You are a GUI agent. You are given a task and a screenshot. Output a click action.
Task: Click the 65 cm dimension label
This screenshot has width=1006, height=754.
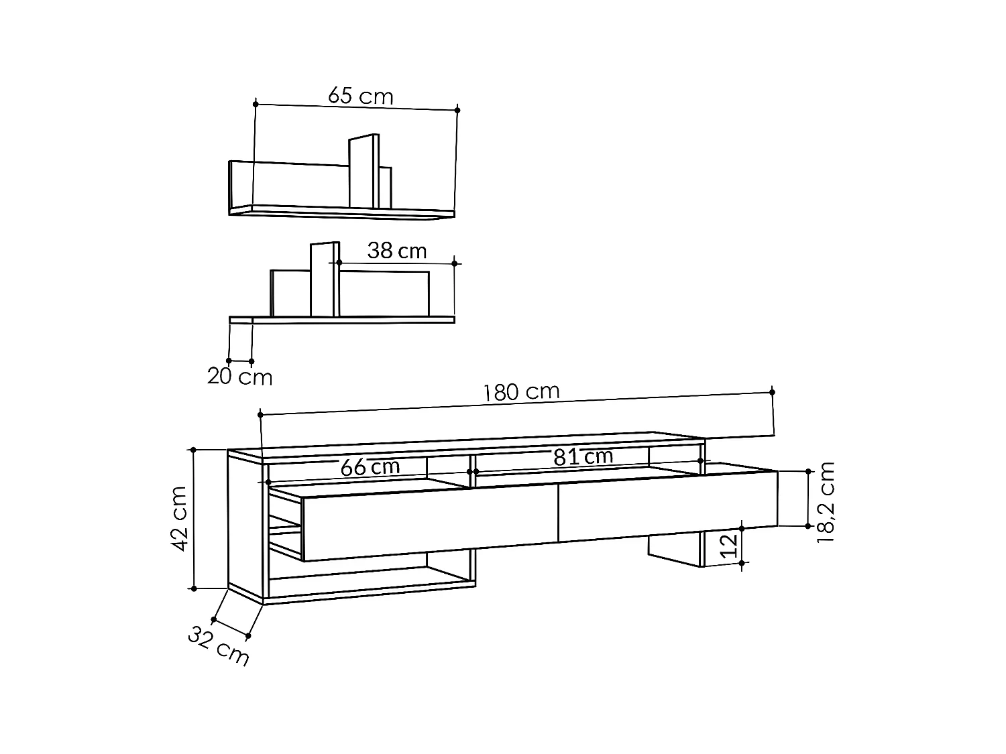click(x=360, y=97)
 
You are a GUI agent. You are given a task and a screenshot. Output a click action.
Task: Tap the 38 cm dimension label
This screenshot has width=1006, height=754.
click(x=396, y=251)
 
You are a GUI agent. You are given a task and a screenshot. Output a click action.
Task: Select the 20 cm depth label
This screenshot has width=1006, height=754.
click(x=239, y=377)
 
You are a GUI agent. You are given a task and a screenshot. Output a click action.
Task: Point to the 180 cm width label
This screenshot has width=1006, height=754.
click(x=521, y=392)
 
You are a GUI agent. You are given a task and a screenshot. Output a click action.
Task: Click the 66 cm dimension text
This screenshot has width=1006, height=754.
click(x=370, y=467)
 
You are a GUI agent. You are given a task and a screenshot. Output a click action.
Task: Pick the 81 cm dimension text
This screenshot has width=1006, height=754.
click(x=583, y=457)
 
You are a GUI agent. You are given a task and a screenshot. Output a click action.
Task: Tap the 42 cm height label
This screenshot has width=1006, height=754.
click(x=179, y=519)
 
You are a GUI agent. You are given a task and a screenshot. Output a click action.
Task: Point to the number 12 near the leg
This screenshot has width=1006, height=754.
click(x=732, y=546)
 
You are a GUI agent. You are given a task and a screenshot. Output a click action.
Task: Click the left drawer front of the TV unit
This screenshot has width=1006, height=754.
click(x=429, y=523)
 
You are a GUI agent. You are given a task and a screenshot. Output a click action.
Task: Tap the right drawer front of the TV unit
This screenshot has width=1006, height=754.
click(x=667, y=506)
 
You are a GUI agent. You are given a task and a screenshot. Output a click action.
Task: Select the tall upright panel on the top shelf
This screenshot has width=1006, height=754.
click(x=363, y=172)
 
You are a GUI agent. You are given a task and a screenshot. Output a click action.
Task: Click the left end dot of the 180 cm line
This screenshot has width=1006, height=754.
click(x=260, y=415)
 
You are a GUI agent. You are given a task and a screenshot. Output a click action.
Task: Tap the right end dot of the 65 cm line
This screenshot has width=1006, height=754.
click(x=457, y=109)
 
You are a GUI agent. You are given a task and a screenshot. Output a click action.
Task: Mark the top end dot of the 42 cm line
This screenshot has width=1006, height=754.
click(x=194, y=450)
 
